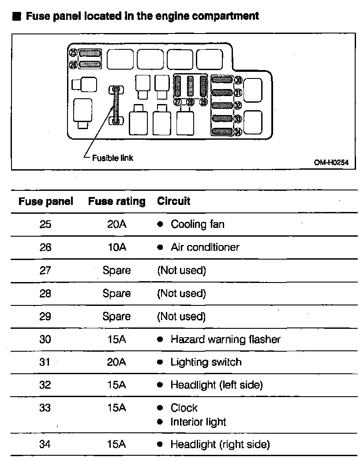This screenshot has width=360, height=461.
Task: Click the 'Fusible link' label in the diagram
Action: (x=112, y=158)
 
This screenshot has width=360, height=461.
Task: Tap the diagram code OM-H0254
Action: (x=331, y=162)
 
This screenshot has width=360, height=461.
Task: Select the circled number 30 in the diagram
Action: (x=238, y=80)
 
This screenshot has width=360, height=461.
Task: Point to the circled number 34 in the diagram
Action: (x=238, y=131)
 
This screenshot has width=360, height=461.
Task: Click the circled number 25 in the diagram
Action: (x=73, y=53)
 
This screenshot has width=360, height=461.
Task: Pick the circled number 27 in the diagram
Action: (x=178, y=102)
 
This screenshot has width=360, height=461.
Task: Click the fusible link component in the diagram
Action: (x=116, y=106)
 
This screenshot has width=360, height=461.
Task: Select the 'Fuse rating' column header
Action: (x=116, y=202)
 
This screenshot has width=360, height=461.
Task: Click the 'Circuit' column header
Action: (x=173, y=201)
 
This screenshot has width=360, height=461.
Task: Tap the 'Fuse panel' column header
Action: (x=45, y=202)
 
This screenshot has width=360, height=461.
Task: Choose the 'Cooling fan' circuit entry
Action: (x=197, y=224)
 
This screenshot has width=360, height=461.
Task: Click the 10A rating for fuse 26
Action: (x=116, y=247)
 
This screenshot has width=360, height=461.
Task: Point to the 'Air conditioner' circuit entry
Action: (x=205, y=247)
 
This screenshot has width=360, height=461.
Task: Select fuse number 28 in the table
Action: (x=45, y=293)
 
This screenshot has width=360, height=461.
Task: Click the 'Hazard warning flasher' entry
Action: (x=225, y=339)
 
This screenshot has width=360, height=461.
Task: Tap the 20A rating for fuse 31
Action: (x=116, y=362)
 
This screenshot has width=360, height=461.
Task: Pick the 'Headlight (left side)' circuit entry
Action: (x=216, y=385)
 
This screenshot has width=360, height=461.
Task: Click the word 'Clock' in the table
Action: (x=184, y=408)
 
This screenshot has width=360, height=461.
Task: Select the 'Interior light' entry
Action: (x=198, y=422)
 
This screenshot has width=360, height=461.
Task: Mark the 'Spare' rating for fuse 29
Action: (x=116, y=316)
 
